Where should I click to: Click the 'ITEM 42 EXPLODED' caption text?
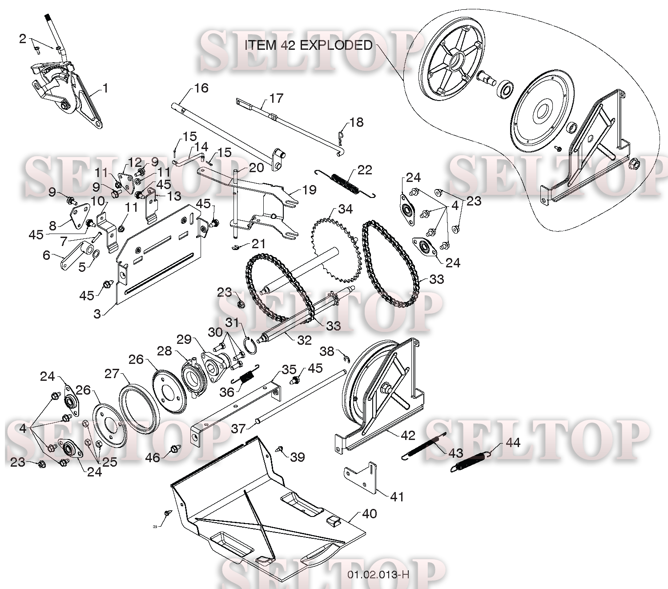[x=309, y=45]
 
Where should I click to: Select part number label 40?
[x=369, y=513]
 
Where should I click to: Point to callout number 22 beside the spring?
[x=365, y=170]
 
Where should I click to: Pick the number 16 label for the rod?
[x=201, y=88]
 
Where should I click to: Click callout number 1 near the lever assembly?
[x=105, y=88]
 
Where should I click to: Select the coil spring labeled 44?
[x=471, y=462]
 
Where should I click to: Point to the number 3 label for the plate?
[x=97, y=314]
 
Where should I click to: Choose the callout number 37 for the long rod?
[x=238, y=428]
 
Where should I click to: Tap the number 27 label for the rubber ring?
[x=112, y=374]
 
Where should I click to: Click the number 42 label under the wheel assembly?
[x=408, y=436]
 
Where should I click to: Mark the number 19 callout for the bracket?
[x=309, y=190]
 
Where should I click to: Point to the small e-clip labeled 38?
[x=346, y=359]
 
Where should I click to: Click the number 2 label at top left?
[x=22, y=39]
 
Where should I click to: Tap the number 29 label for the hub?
[x=184, y=339]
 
